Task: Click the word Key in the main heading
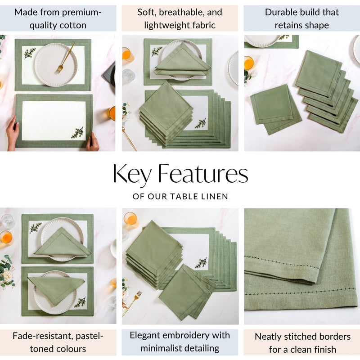[132, 175]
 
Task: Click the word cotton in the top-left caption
[72, 25]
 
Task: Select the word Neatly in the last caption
[268, 337]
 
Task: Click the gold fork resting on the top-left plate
[64, 59]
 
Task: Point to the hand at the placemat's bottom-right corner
[92, 141]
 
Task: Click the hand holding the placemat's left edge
[12, 133]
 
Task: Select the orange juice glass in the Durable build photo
[249, 63]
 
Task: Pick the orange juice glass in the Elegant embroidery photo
[130, 219]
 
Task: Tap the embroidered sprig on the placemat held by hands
[77, 133]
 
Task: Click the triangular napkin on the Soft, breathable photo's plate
[183, 60]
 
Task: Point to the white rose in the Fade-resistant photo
[6, 276]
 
